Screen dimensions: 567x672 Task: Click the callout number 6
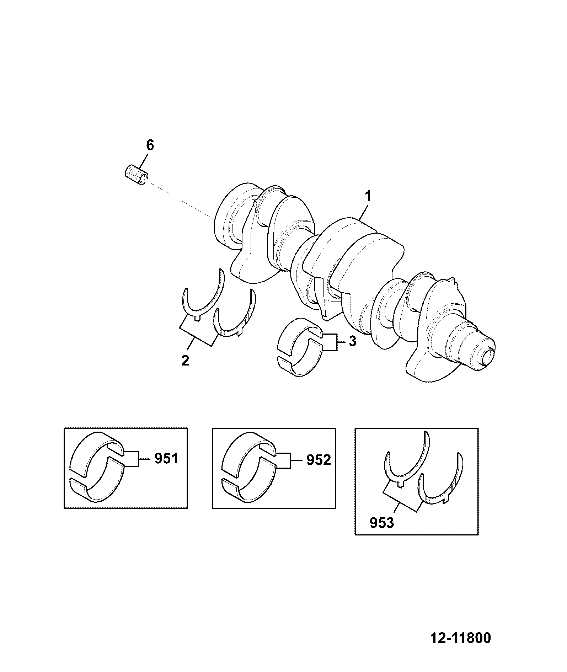pos(150,145)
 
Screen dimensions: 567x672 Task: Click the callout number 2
pos(185,361)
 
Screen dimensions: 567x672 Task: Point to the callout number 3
pos(352,341)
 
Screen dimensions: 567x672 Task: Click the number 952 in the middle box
pos(319,460)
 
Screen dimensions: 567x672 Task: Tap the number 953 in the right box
pos(382,523)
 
